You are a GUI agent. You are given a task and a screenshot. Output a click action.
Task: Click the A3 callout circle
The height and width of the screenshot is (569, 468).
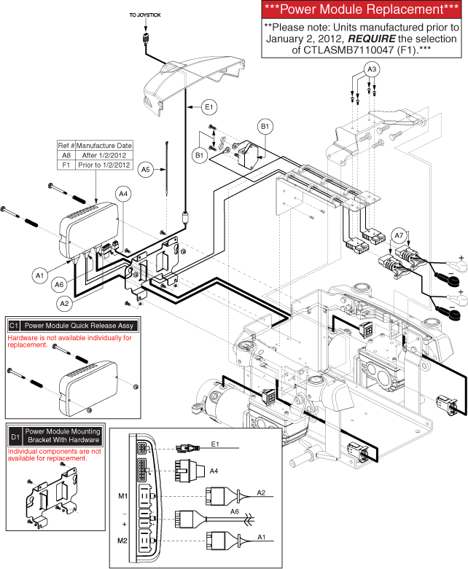[x=372, y=68]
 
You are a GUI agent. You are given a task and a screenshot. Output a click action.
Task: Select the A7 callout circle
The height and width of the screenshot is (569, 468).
[x=398, y=235]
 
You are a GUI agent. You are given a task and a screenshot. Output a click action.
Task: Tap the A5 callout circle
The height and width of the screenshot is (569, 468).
[x=146, y=169]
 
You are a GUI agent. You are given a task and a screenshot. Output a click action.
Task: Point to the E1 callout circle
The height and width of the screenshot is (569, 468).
[x=209, y=107]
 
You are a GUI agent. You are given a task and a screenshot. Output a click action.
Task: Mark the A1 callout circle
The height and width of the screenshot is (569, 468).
[x=41, y=275]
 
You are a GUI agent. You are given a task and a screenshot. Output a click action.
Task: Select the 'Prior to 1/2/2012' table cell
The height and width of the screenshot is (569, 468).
[x=104, y=165]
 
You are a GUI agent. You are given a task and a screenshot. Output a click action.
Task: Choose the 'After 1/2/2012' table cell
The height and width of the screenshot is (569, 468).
[x=104, y=155]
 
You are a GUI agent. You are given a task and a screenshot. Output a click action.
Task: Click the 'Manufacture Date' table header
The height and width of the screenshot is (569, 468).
[x=104, y=145]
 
